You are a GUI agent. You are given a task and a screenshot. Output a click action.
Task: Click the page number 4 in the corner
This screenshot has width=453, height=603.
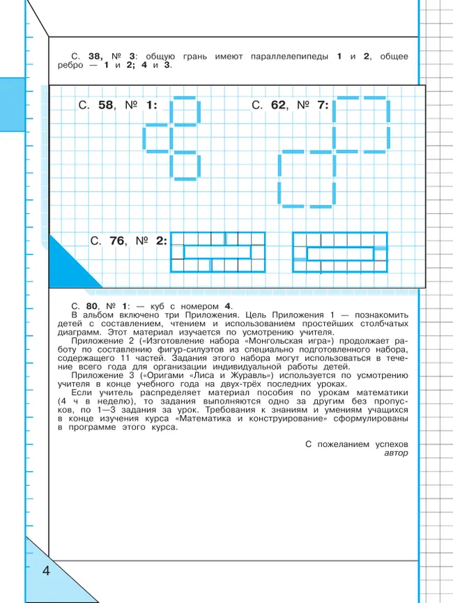click(x=46, y=572)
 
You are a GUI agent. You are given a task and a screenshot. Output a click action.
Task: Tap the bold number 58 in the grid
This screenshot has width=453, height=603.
click(x=106, y=105)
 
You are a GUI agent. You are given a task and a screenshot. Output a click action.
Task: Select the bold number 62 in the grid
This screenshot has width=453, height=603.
click(x=279, y=105)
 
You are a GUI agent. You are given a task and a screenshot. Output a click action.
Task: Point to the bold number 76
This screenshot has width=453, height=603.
click(x=117, y=241)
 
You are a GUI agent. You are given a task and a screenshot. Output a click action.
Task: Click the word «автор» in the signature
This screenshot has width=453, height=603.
click(x=395, y=453)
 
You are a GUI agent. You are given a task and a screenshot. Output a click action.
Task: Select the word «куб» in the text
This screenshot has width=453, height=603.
click(x=159, y=306)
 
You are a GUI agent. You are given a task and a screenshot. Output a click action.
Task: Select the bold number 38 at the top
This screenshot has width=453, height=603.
click(x=95, y=56)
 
